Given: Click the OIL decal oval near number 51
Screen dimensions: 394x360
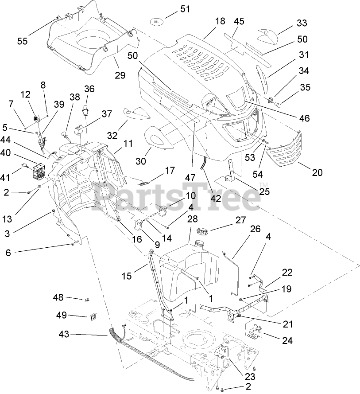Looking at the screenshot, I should [x=156, y=21].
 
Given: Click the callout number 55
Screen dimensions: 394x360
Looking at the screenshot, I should [x=22, y=41].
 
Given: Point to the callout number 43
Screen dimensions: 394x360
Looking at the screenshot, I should [x=64, y=334].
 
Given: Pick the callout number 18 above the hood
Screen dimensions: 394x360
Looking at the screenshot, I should [x=220, y=21].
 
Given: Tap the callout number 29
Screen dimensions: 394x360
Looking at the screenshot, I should [x=120, y=75].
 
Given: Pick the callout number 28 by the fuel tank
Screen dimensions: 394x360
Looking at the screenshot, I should [x=192, y=219].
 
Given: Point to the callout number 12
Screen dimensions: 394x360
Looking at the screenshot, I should [x=25, y=94].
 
